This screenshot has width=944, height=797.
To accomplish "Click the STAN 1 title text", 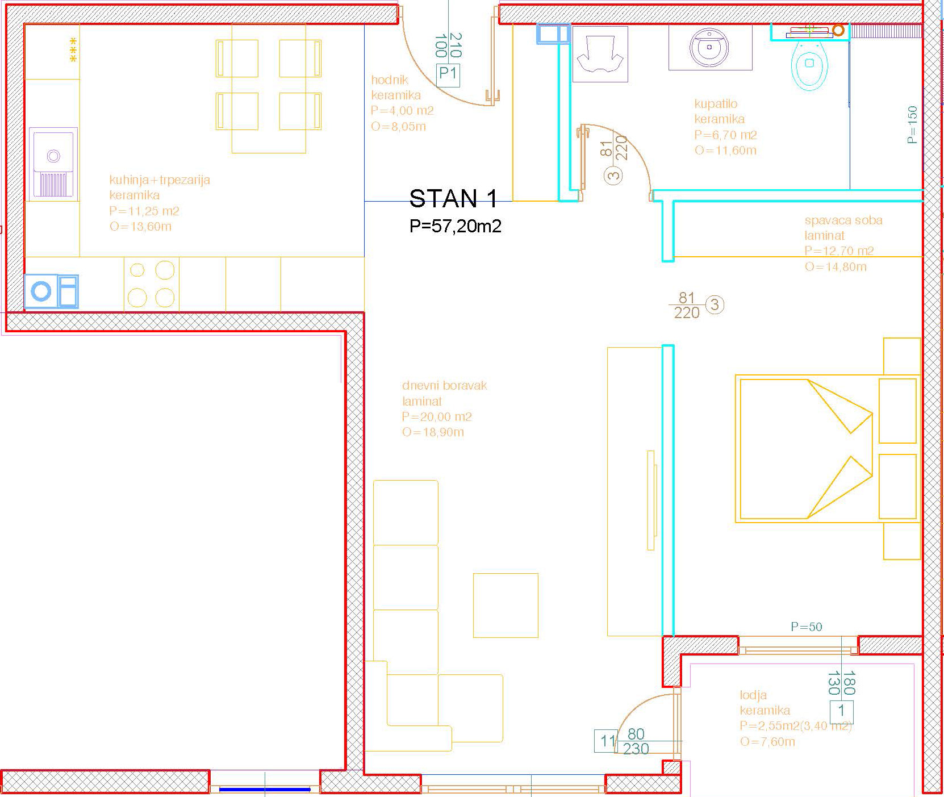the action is (453, 199).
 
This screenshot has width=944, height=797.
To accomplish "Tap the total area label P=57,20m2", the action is (456, 226).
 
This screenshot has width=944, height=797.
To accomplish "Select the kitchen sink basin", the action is (53, 162).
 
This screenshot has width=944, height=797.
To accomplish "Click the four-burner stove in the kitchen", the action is (151, 284).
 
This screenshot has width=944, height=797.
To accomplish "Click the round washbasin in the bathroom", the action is (709, 48).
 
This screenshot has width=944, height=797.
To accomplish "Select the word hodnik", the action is (390, 80).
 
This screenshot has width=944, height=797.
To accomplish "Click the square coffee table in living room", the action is (506, 606).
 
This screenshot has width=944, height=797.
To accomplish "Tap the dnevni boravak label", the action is (445, 386).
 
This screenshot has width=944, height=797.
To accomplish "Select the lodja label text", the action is (753, 695).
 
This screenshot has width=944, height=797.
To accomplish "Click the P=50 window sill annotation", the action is (807, 627).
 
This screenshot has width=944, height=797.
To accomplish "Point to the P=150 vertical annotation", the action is (912, 124).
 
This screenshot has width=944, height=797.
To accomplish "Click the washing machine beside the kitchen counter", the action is (51, 291).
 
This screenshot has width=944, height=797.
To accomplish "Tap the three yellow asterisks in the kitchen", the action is (73, 49).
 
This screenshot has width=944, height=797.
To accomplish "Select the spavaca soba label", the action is (843, 220).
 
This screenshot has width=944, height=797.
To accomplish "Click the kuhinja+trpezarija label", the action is (160, 180).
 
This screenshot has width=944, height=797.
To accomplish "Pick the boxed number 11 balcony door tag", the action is (606, 741).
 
